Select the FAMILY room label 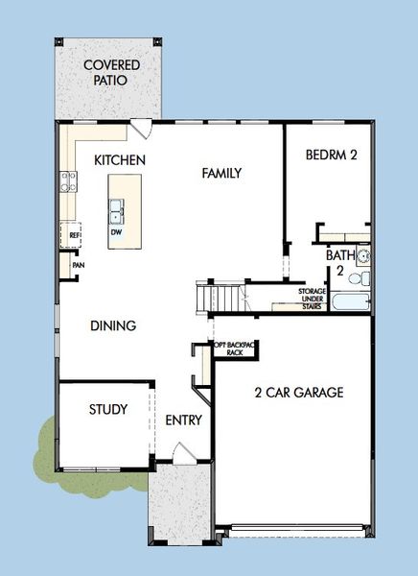pos(221,173)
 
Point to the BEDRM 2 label pos(332,155)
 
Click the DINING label pos(113,325)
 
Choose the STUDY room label pos(108,409)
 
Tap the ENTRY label pos(183,420)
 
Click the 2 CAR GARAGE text pos(299,392)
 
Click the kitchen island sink pos(116,208)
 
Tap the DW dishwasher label pos(115,231)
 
